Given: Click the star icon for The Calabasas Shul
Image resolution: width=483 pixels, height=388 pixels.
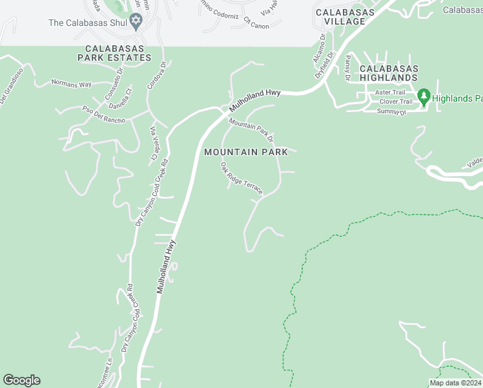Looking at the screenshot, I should coord(136,23).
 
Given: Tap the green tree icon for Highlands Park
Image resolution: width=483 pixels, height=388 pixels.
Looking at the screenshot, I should coord(424,98).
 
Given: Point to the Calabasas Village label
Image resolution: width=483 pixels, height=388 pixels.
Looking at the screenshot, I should coord(340,17).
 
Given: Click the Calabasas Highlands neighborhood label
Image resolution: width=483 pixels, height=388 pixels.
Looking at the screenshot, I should coord(389,73).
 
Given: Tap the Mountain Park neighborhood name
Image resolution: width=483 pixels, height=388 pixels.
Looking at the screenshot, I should coord(246,152).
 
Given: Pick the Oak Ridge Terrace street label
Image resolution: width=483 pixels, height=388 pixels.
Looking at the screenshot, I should coord(241,178).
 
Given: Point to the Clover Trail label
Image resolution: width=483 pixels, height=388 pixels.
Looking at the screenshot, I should coord(396,102).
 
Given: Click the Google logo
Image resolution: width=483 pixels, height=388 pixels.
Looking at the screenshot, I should coord(21,380).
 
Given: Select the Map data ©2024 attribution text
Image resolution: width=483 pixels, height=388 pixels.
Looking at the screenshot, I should coord(455,383).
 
